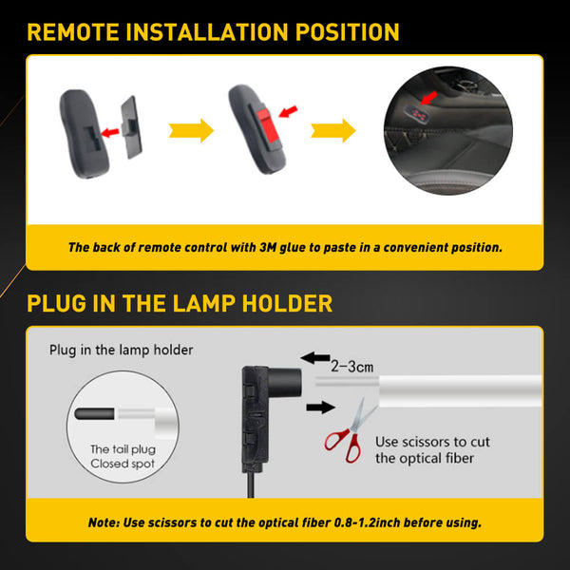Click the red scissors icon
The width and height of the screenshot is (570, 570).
coord(343,431)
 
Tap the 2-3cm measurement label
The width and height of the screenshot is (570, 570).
coord(352,363)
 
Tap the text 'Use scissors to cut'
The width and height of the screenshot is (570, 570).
coord(432,441)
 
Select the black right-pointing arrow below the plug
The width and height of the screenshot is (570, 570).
coord(318,408)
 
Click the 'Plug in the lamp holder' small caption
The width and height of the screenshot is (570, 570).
coord(121,350)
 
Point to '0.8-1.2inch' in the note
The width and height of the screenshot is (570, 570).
coord(374,522)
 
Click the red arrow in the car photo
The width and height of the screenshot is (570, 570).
coord(430,96)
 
